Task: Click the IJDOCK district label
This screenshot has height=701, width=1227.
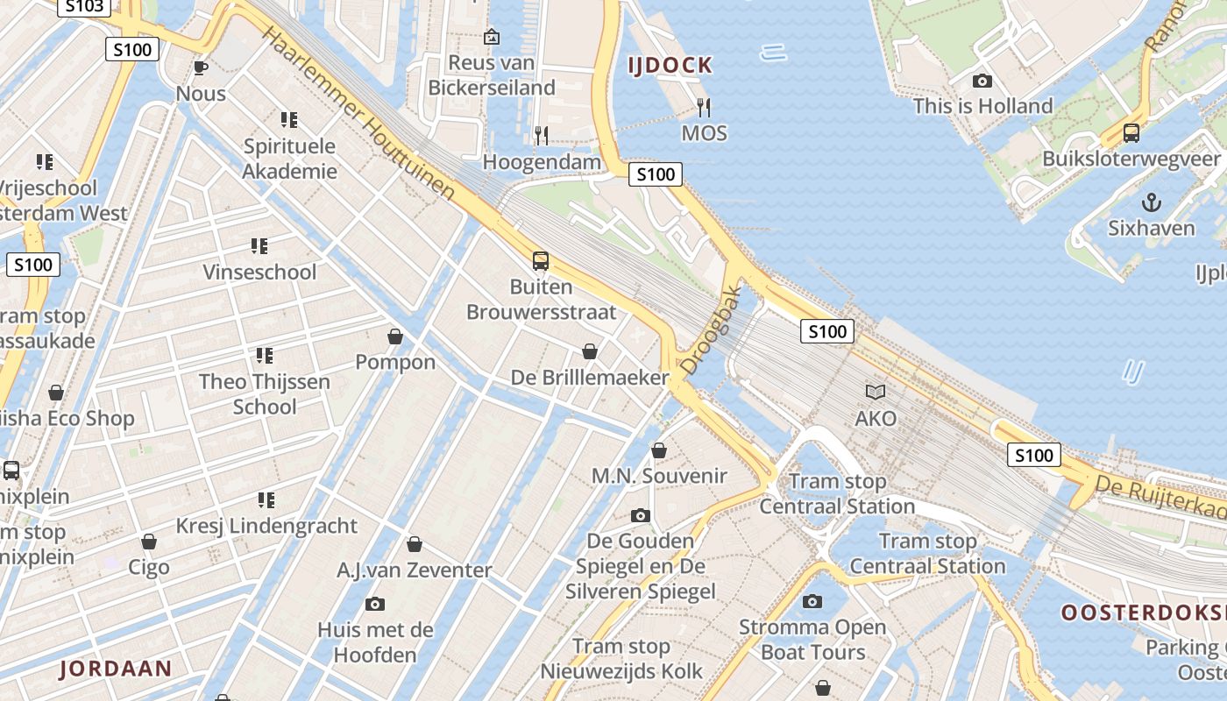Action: click(x=670, y=65)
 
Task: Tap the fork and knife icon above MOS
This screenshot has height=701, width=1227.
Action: click(x=703, y=108)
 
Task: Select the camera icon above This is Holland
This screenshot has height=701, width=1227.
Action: click(x=982, y=81)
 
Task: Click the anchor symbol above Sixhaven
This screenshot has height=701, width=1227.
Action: click(x=1151, y=203)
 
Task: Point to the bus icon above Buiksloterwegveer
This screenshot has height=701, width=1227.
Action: click(x=1131, y=134)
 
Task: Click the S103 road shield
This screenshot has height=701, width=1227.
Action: click(x=84, y=6)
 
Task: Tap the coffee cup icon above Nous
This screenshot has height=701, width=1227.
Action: click(x=200, y=68)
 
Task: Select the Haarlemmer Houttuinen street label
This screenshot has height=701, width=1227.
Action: click(x=359, y=114)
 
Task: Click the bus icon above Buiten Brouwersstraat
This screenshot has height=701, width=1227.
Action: click(x=541, y=261)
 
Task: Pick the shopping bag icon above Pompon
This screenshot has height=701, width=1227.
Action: click(x=395, y=336)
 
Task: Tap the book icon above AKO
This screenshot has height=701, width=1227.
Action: click(x=876, y=392)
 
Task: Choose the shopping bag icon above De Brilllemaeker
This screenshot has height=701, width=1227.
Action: click(x=590, y=351)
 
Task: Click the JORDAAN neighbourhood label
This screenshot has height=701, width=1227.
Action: click(x=116, y=669)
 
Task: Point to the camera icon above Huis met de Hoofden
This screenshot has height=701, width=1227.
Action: click(x=375, y=604)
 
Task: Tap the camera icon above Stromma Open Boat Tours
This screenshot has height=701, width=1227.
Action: click(x=812, y=601)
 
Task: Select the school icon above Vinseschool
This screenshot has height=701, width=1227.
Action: click(x=259, y=246)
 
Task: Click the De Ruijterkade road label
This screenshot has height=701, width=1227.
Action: click(x=1161, y=497)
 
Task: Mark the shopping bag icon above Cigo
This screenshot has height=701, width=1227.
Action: click(x=149, y=542)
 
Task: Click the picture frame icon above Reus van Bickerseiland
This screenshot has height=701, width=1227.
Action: click(x=492, y=37)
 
